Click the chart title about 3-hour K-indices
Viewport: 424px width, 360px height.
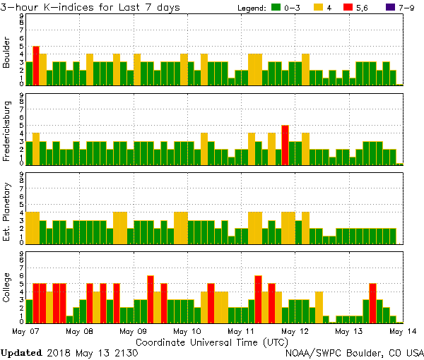[x=90, y=7]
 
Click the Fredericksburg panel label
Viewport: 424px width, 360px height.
[x=7, y=133]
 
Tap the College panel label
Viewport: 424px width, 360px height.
[x=7, y=290]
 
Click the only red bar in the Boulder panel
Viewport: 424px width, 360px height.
[x=36, y=66]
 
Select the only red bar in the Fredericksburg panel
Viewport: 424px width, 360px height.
[x=285, y=145]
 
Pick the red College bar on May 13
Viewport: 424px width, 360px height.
[x=372, y=303]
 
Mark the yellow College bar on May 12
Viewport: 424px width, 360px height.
[x=319, y=307]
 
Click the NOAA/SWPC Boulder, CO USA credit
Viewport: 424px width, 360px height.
[x=354, y=352]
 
